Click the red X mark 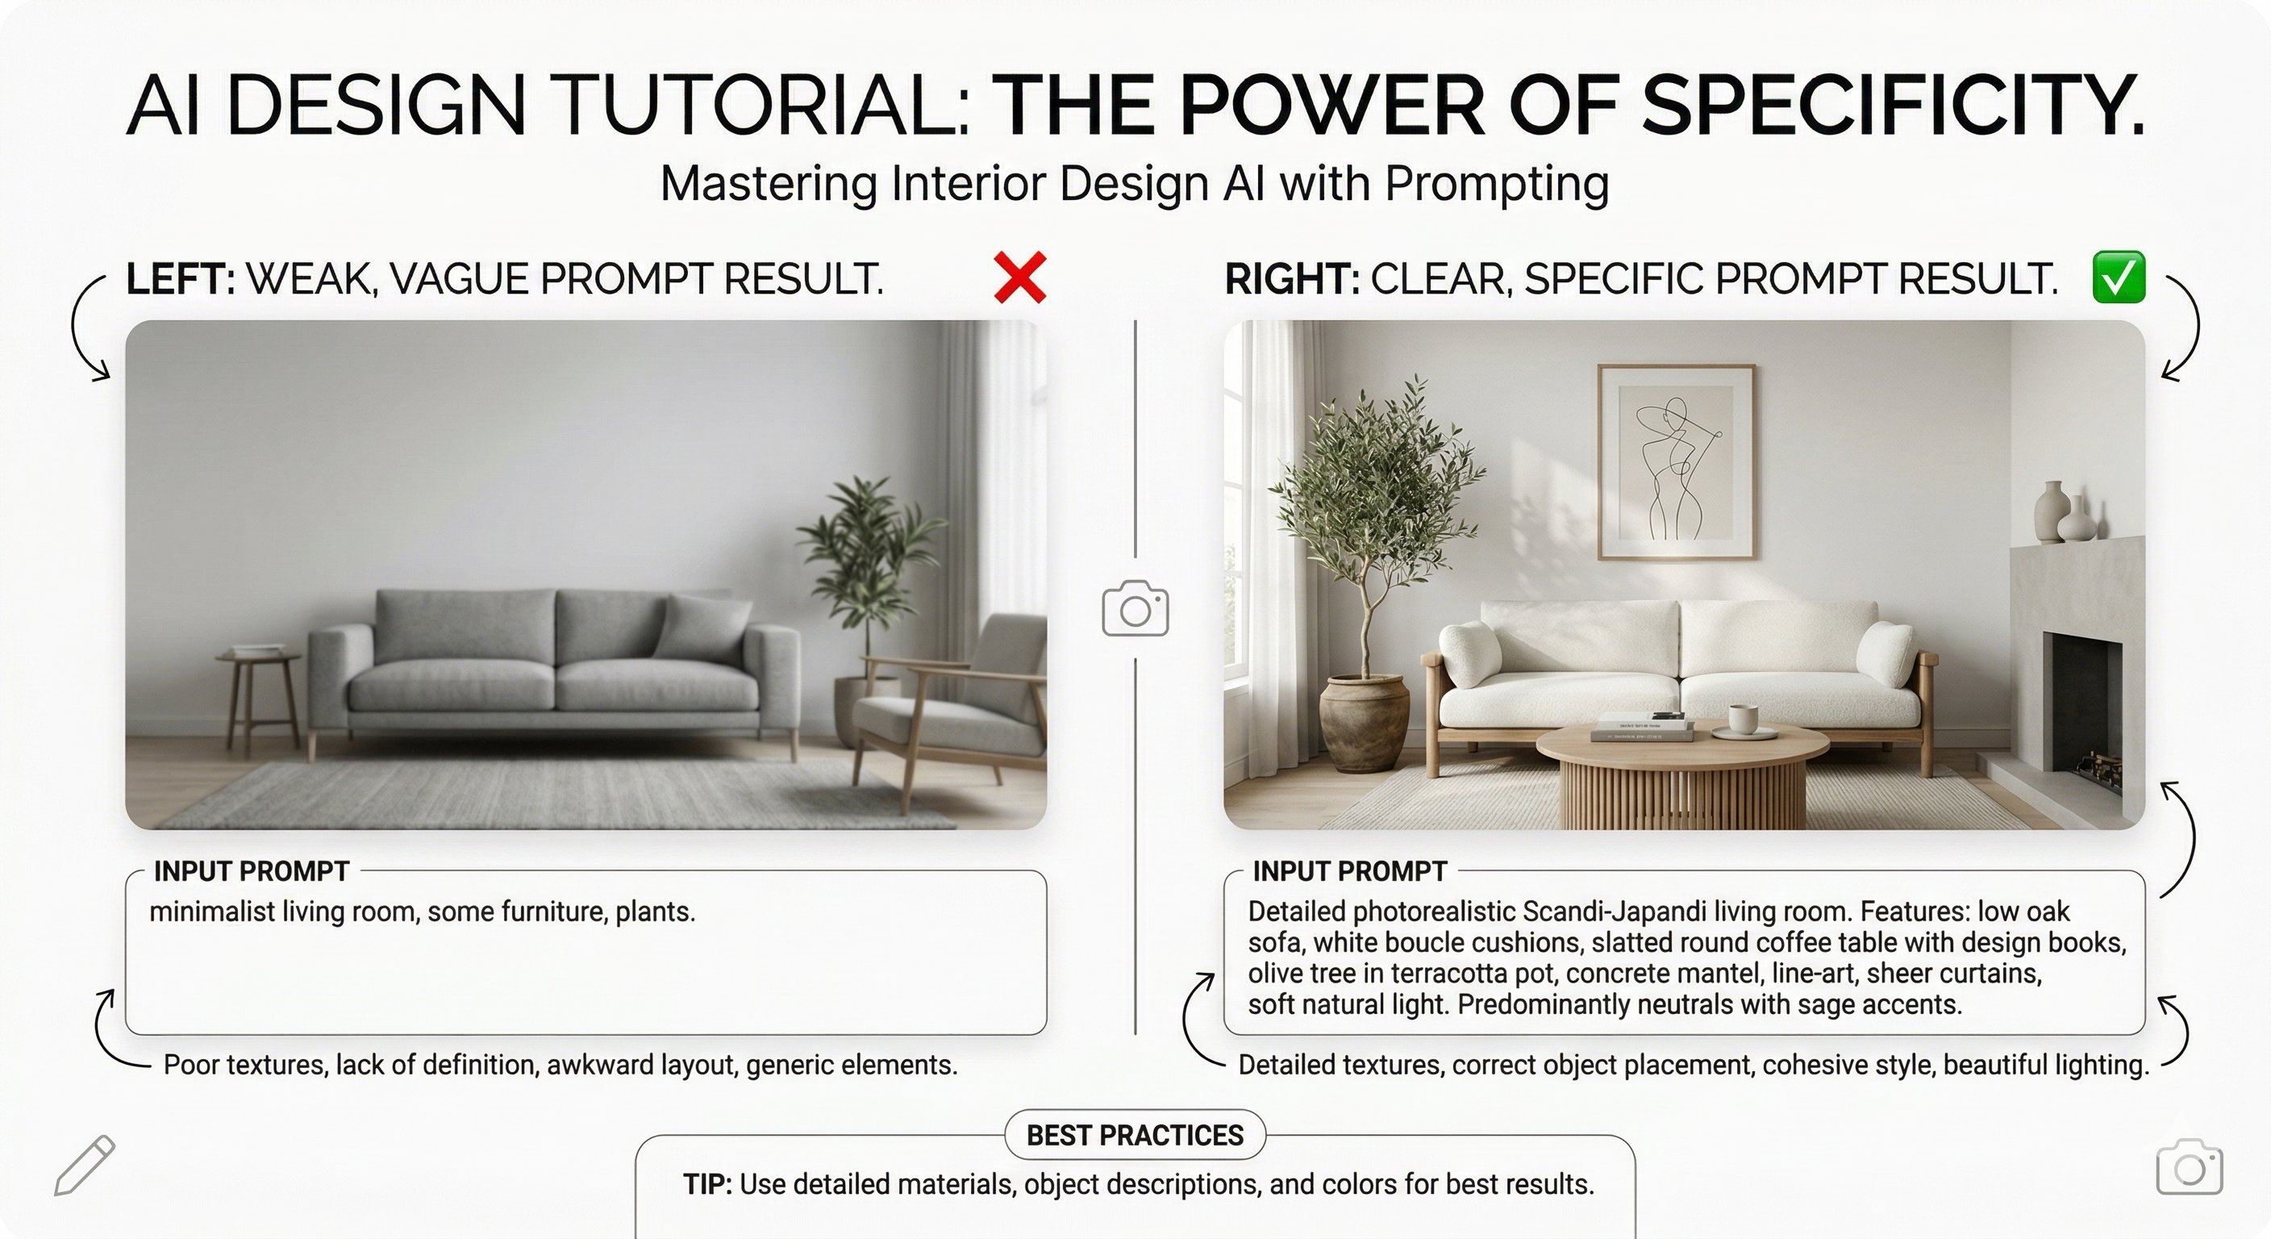[x=1020, y=277]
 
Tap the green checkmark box [x=2119, y=277]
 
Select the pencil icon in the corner [x=85, y=1165]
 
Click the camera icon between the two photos [x=1135, y=607]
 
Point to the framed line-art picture [x=1676, y=461]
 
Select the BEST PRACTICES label [x=1135, y=1135]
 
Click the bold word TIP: [x=707, y=1184]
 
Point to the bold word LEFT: [x=181, y=280]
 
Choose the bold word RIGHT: [x=1291, y=280]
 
